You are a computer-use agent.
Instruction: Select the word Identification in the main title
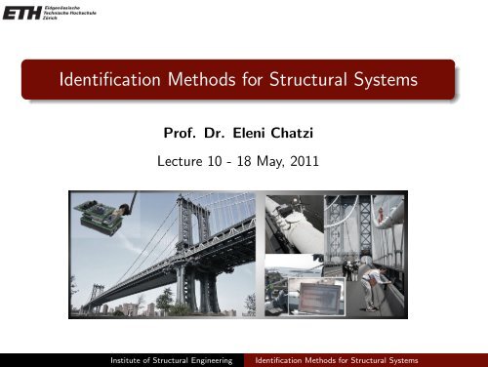(91, 79)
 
